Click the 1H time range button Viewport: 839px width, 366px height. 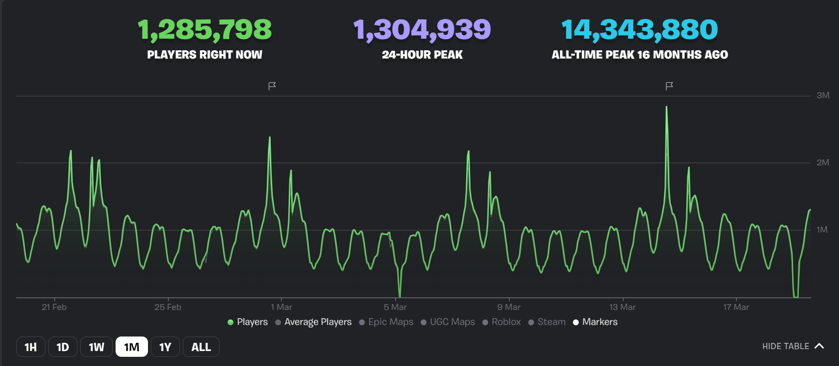tap(30, 347)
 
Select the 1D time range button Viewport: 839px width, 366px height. tap(63, 347)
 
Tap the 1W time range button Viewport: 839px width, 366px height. tap(96, 347)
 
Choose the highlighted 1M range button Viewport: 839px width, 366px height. tap(132, 347)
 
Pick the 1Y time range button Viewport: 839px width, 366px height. tap(165, 347)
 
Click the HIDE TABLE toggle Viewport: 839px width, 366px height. tap(793, 346)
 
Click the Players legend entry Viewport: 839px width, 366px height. tap(248, 322)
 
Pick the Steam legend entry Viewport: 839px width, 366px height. tap(547, 322)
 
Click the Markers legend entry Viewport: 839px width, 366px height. tap(595, 322)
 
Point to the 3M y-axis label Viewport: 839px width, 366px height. tap(823, 95)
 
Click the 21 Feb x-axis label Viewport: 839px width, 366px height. tap(54, 307)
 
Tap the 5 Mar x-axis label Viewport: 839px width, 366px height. tap(395, 307)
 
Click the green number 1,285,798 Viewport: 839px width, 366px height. tap(205, 29)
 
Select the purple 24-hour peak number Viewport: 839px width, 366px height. tap(422, 29)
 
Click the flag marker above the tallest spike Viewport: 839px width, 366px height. tap(669, 86)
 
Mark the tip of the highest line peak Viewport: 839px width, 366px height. tap(666, 107)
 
